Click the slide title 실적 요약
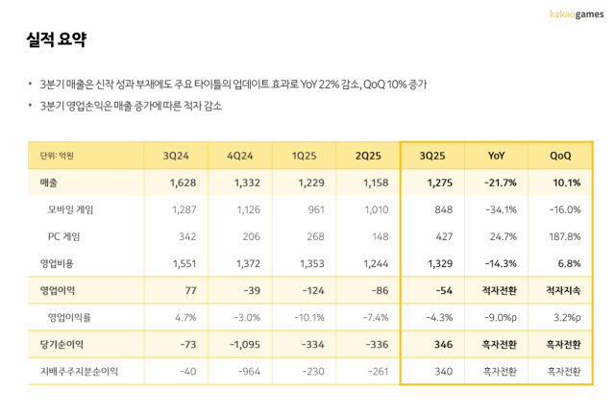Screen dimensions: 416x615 tap(57, 40)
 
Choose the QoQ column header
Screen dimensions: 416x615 tap(561, 156)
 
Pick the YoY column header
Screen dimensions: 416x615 tap(496, 156)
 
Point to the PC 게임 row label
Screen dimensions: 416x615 tap(66, 236)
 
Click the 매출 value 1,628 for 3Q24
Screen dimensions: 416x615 tap(180, 183)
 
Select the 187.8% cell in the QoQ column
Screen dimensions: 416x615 tap(562, 236)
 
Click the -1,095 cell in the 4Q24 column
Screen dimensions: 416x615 tap(241, 343)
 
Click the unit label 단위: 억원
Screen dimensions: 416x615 tap(53, 156)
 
